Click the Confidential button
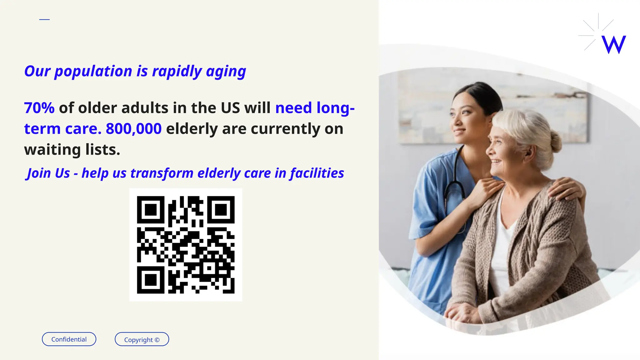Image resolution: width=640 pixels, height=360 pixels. pos(69,339)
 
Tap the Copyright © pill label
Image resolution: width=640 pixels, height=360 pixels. pos(142,339)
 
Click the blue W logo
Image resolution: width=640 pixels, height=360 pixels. pos(613,45)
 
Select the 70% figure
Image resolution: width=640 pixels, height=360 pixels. pos(39,108)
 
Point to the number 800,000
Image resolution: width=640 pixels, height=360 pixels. pos(134,129)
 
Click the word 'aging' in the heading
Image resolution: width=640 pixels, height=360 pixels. pos(226,71)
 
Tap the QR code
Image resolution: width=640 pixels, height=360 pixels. pos(186,245)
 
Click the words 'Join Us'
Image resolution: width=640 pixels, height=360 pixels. pos(48,173)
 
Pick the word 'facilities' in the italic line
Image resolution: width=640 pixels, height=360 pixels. pos(317,173)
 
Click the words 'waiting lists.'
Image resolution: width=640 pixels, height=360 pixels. pos(72,150)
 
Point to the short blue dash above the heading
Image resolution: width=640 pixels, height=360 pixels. pos(44,19)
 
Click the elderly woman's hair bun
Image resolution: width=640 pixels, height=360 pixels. pos(555,142)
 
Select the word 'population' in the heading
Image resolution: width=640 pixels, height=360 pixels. pos(93,71)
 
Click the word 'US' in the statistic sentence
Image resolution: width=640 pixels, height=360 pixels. pos(230,108)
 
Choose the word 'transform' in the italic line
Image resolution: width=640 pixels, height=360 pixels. pos(162,173)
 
